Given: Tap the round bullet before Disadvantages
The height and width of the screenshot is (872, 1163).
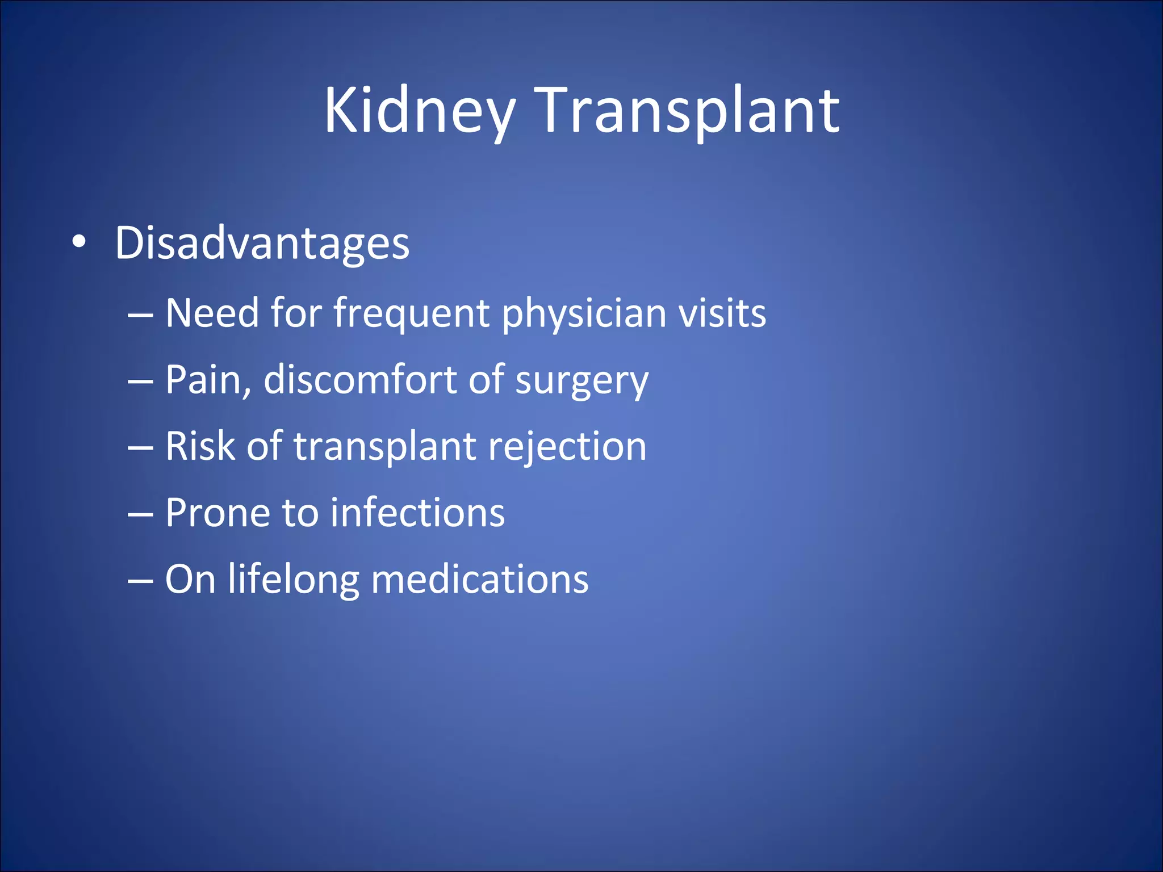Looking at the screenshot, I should [80, 242].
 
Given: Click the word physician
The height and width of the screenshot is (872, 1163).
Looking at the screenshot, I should [584, 314].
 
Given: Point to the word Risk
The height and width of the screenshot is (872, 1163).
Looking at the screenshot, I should [200, 446].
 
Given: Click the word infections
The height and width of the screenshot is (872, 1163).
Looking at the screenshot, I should [418, 513].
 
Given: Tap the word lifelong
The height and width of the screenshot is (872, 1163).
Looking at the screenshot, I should [293, 580].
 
